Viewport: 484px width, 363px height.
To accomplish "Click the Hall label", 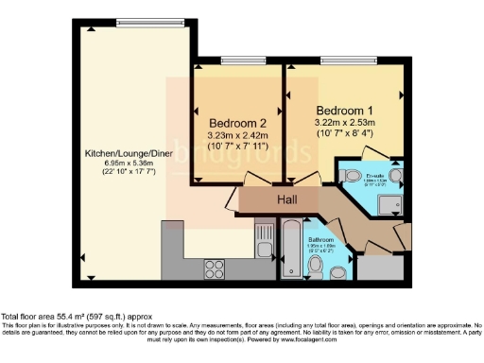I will pyautogui.click(x=286, y=200).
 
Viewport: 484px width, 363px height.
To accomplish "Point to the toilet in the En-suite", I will pyautogui.click(x=348, y=177).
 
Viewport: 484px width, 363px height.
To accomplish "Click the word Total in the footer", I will pyautogui.click(x=12, y=316).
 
